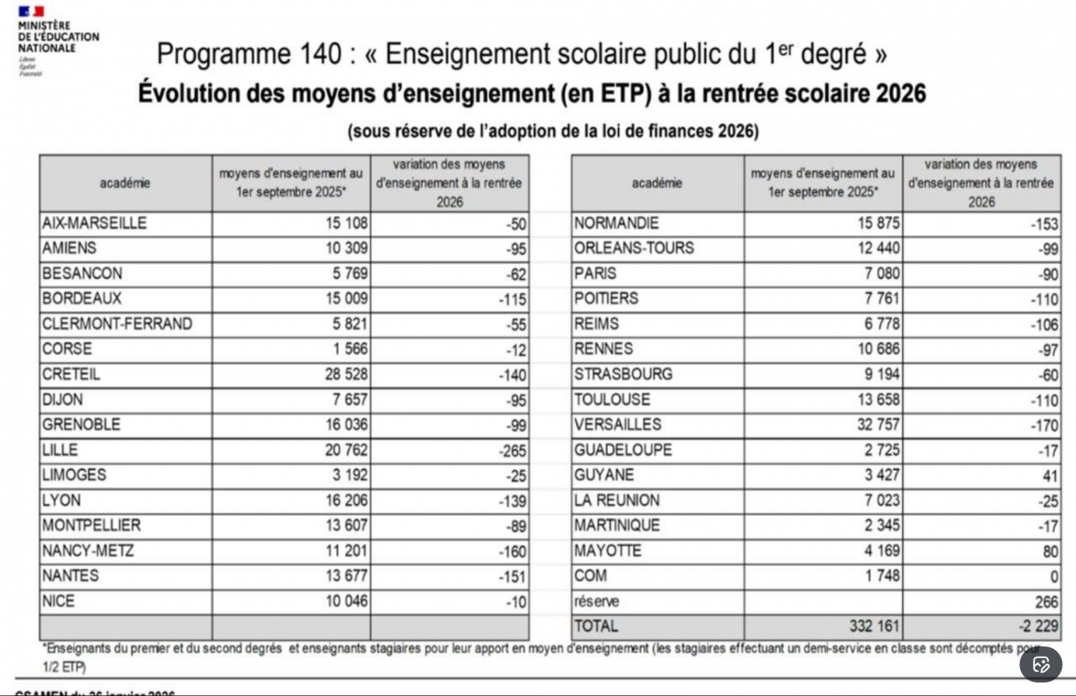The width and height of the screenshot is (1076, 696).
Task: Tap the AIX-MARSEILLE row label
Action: [94, 223]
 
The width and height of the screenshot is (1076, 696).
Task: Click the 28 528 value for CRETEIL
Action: [346, 374]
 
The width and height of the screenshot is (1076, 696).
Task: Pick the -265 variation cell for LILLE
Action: [512, 451]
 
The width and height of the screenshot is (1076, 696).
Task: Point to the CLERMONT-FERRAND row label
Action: [117, 324]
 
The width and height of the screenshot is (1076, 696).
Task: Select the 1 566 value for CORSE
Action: [350, 349]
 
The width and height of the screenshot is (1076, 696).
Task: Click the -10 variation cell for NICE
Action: [516, 602]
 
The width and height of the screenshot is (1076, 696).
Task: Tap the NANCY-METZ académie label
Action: [88, 551]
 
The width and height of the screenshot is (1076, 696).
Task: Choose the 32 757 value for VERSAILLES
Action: [878, 425]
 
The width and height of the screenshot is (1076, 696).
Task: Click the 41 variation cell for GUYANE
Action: [1050, 476]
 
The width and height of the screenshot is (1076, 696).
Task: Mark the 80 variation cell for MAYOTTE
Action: [1050, 552]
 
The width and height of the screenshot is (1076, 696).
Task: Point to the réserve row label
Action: [597, 601]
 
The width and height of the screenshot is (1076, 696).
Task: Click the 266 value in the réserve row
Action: [1046, 602]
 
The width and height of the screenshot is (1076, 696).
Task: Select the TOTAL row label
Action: [596, 626]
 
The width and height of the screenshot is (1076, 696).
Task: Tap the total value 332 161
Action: [874, 626]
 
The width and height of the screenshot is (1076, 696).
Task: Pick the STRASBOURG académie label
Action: [623, 374]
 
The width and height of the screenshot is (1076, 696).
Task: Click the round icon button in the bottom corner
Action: [1040, 665]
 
